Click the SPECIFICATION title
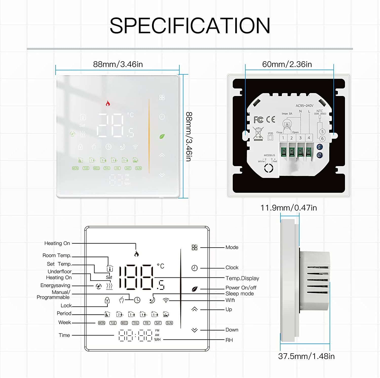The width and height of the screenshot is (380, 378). pos(190,26)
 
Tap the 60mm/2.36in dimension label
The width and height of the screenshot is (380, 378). pos(287,64)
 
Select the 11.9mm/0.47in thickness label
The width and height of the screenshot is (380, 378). pos(289,208)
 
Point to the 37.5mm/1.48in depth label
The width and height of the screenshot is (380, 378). pos(306,356)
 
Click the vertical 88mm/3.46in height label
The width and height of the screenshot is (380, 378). pos(189,137)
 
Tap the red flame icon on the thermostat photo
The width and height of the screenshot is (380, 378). pos(108,103)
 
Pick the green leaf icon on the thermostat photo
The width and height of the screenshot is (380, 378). pos(162,136)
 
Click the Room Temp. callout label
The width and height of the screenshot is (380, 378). pos(57,255)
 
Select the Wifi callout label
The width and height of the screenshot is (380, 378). pos(230,300)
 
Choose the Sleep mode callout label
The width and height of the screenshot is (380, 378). pos(239,294)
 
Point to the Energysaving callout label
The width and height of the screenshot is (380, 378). pos(55,285)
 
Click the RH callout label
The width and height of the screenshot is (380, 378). pos(229,340)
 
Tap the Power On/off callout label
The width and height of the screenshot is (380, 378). pos(241,288)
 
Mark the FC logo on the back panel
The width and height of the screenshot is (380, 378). pos(258,120)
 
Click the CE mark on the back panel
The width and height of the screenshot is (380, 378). pos(271,119)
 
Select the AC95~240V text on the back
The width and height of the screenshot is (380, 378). pos(304,106)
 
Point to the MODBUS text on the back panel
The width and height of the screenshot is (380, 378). pos(269,155)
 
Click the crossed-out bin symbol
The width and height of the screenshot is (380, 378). pos(258,133)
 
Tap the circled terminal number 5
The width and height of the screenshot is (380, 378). pos(322,132)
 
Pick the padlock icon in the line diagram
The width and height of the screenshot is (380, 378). pos(107,300)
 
